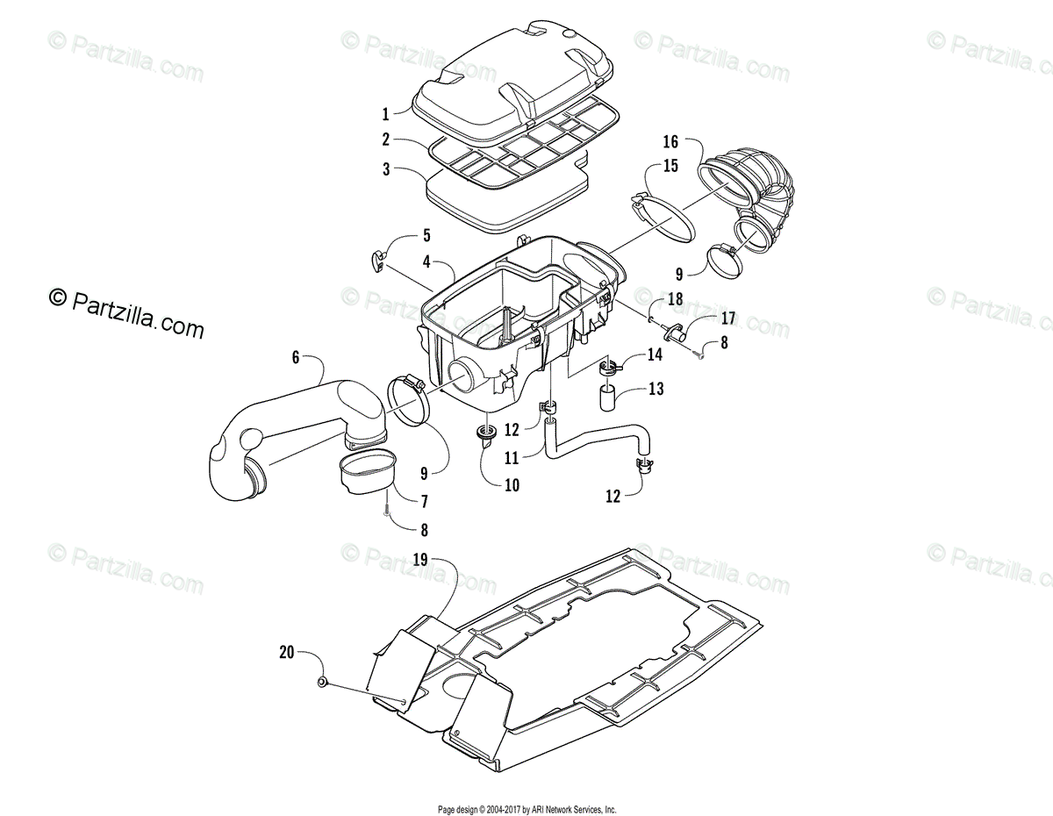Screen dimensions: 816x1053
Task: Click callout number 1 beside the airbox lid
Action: click(385, 113)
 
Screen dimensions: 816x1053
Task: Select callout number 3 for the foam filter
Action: click(386, 169)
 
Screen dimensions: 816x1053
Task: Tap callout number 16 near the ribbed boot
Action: click(670, 141)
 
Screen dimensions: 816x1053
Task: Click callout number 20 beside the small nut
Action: click(286, 652)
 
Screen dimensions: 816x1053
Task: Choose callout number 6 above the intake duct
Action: click(296, 357)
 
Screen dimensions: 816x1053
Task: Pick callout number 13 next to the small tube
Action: click(656, 389)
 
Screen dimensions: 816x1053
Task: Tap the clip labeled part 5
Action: click(376, 258)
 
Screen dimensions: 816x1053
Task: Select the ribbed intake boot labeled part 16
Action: click(755, 197)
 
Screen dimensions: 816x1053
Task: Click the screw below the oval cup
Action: click(387, 506)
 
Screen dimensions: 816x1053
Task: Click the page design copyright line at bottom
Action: click(526, 809)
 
